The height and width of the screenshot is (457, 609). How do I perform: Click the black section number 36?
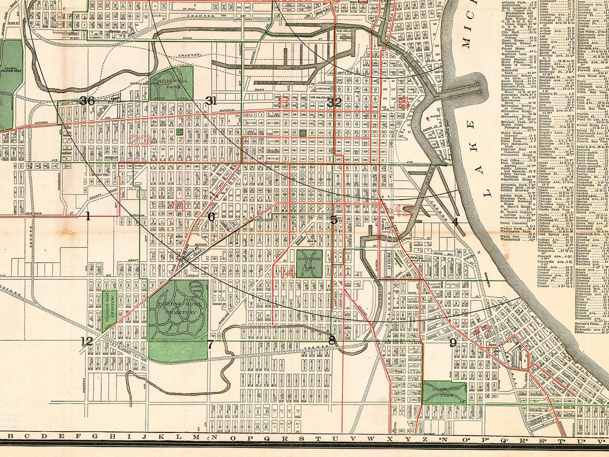(x=87, y=101)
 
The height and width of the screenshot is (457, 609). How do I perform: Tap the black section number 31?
(x=211, y=101)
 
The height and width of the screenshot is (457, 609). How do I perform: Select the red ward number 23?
(x=140, y=141)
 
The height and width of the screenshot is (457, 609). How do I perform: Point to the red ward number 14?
(x=287, y=273)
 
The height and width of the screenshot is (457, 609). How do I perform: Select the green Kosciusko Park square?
(x=309, y=264)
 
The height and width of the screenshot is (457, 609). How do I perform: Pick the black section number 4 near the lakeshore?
(x=455, y=221)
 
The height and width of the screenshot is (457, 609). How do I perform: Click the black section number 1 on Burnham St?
(x=88, y=216)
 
